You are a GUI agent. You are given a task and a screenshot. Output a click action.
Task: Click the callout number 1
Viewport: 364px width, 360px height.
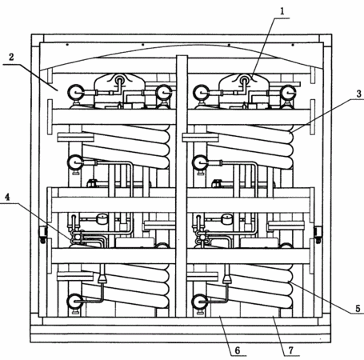(x=282, y=11)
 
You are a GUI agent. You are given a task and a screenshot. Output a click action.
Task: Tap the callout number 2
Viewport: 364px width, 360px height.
(x=11, y=57)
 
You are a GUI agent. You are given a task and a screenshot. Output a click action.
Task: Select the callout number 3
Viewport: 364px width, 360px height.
(x=359, y=94)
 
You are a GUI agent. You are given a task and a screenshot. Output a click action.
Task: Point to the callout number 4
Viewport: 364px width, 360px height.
(x=7, y=197)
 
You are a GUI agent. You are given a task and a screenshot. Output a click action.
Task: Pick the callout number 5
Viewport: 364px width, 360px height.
(x=358, y=309)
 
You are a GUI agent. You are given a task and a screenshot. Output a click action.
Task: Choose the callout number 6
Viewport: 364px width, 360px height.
(x=238, y=350)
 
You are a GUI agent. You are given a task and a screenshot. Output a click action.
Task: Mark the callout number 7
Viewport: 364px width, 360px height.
(x=290, y=350)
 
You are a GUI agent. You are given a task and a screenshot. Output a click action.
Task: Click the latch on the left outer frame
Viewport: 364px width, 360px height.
(x=42, y=234)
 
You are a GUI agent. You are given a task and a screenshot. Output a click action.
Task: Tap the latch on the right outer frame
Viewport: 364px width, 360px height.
(x=318, y=234)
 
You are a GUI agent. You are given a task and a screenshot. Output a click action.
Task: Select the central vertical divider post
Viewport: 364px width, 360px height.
(x=182, y=186)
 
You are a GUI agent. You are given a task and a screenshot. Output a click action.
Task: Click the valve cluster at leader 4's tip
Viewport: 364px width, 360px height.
(x=77, y=238)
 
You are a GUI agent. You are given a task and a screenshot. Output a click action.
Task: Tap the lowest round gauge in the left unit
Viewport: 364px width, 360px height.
(x=75, y=302)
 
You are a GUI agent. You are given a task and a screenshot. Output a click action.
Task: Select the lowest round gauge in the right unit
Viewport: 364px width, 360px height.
(x=200, y=302)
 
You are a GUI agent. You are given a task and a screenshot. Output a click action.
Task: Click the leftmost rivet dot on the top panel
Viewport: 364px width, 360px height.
(x=67, y=45)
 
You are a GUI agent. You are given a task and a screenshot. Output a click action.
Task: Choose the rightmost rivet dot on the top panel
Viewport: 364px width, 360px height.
(x=293, y=45)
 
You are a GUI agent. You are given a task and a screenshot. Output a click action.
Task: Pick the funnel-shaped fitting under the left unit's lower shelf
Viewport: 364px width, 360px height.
(x=102, y=279)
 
